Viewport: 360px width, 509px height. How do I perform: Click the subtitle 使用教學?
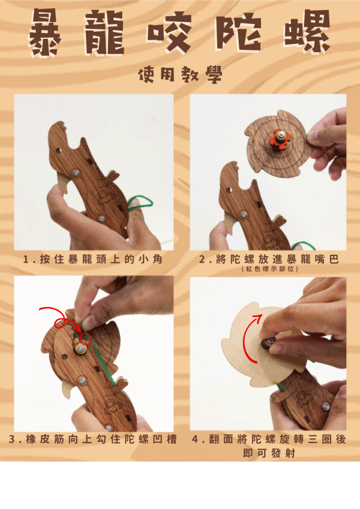tap(180, 75)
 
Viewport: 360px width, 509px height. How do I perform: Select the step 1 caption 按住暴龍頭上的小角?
tap(93, 260)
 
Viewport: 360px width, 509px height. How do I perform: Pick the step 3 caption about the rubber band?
tap(93, 439)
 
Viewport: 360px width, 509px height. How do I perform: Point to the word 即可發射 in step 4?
tap(268, 453)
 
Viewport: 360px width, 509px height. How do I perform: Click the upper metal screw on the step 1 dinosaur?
tap(76, 172)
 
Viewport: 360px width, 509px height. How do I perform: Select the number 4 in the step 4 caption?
tap(195, 439)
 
